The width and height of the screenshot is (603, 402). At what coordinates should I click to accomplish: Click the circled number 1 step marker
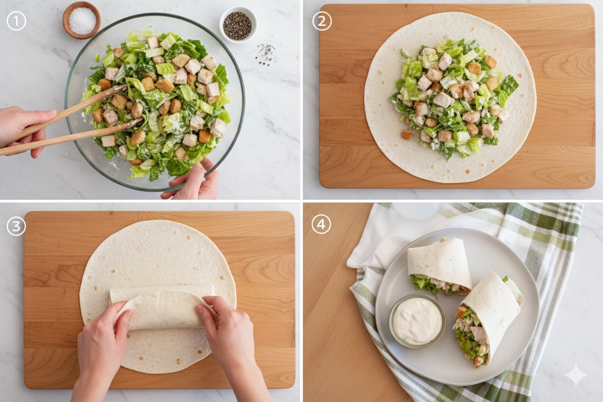tap(16, 21)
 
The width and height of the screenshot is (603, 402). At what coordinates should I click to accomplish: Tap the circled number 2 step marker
tap(322, 21)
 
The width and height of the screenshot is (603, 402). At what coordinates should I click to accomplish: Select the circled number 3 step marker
tap(16, 226)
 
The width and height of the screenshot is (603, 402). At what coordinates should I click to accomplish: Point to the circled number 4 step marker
tap(321, 224)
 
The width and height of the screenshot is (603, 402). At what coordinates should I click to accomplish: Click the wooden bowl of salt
tap(82, 20)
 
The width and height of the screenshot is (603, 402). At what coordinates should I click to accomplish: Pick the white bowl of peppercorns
tap(238, 25)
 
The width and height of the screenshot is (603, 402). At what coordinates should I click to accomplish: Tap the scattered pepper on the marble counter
tap(266, 53)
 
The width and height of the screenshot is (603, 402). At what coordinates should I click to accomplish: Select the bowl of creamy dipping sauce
tap(417, 321)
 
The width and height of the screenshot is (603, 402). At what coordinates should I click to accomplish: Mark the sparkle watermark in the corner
tap(575, 375)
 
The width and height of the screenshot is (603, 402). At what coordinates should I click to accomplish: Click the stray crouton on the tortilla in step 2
tap(406, 134)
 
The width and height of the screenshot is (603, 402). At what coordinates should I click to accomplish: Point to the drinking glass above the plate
tap(416, 211)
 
